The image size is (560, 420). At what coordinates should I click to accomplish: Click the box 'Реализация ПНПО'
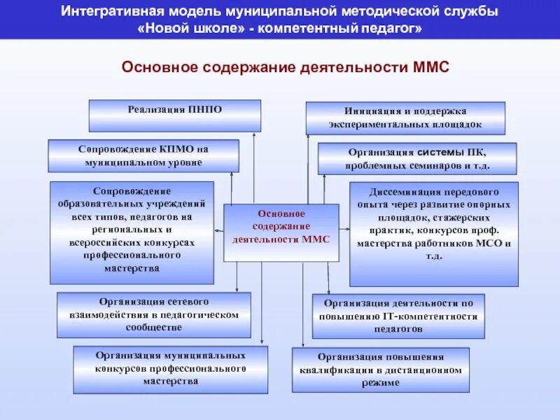[x=174, y=115]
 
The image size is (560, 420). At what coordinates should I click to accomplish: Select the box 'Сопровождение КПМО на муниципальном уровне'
[x=143, y=156]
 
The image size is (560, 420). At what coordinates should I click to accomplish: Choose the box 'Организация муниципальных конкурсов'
[x=170, y=369]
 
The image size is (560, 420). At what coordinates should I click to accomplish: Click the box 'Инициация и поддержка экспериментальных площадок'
[x=405, y=118]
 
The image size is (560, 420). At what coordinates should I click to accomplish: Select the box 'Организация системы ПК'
[x=417, y=159]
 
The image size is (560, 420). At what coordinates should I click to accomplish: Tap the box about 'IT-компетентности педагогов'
[x=398, y=316]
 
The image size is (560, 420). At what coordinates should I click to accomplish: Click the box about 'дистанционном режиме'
[x=381, y=370]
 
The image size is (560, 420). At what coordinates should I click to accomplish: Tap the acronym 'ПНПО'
[x=204, y=110]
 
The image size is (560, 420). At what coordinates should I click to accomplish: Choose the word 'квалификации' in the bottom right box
[x=335, y=370]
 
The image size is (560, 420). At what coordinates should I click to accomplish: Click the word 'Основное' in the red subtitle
[x=159, y=67]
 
